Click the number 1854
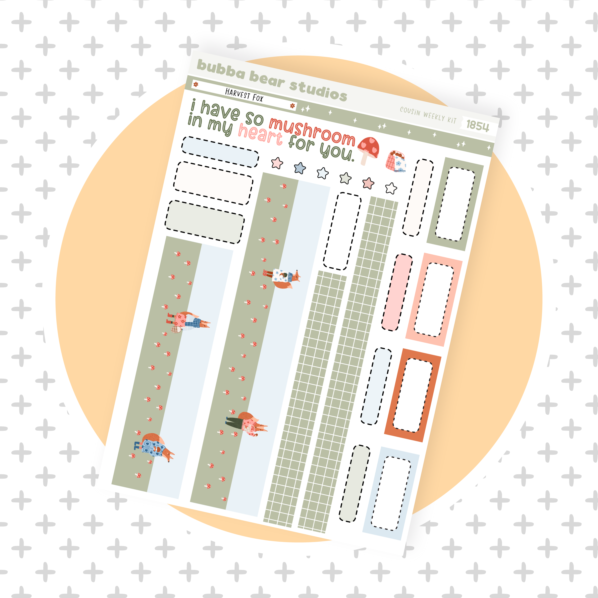click(478, 126)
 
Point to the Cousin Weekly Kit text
click(428, 115)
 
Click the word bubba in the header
click(221, 69)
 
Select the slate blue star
click(300, 168)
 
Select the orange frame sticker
click(413, 395)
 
